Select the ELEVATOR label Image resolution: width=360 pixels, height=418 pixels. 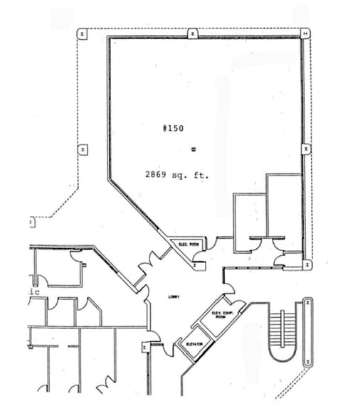click(194, 344)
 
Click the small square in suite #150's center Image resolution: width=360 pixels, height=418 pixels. click(194, 149)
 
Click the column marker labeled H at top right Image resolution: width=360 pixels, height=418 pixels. click(305, 33)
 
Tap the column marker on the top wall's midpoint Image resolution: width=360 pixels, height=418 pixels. click(193, 33)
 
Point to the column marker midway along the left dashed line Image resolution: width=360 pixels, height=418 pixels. click(83, 149)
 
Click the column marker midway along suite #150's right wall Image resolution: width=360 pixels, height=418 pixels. click(305, 149)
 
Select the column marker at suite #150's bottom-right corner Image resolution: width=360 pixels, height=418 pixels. click(307, 264)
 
